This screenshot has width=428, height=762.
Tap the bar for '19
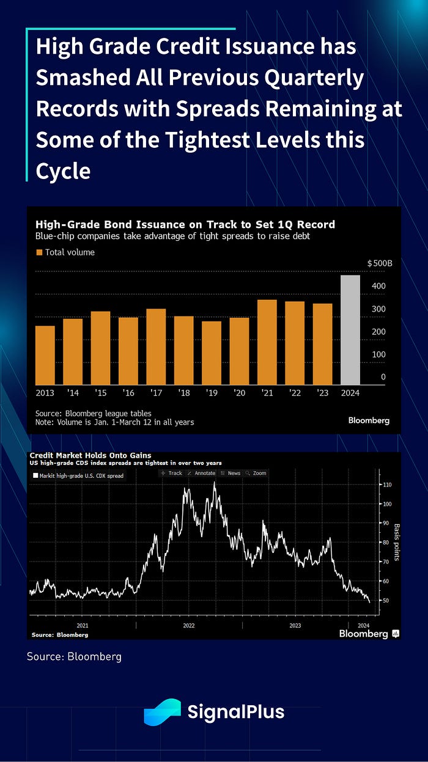[x=212, y=352]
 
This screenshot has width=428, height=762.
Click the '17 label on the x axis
[x=156, y=393]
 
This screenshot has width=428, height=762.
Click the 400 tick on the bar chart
[x=379, y=286]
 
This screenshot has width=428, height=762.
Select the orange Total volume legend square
[x=39, y=252]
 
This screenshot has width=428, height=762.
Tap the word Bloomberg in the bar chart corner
[x=369, y=420]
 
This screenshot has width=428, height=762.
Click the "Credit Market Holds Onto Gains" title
[x=90, y=455]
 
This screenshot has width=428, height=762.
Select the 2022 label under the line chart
[x=188, y=625]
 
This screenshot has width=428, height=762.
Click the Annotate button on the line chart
[x=202, y=473]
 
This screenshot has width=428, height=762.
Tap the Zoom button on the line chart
[x=257, y=473]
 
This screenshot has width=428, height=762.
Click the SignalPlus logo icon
[x=162, y=712]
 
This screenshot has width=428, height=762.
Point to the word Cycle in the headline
[x=63, y=172]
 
